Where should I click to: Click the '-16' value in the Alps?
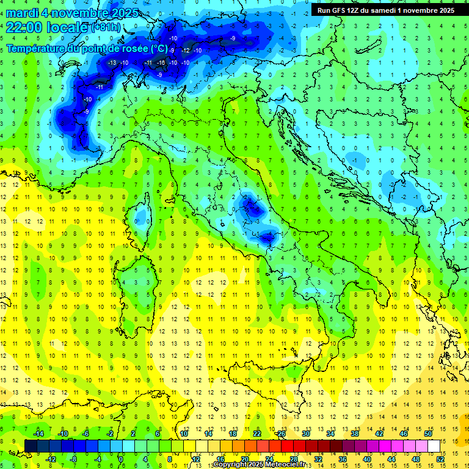tap(161, 63)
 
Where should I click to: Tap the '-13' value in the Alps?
tap(112, 63)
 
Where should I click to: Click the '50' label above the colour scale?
tap(428, 434)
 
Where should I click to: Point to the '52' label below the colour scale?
tap(440, 459)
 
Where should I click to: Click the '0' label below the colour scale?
tap(122, 459)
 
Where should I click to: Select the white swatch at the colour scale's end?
tap(434, 446)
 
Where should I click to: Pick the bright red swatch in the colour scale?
tap(287, 446)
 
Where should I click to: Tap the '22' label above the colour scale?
tap(257, 434)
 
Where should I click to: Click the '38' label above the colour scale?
tap(355, 434)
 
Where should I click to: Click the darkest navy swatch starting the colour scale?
tap(31, 446)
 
